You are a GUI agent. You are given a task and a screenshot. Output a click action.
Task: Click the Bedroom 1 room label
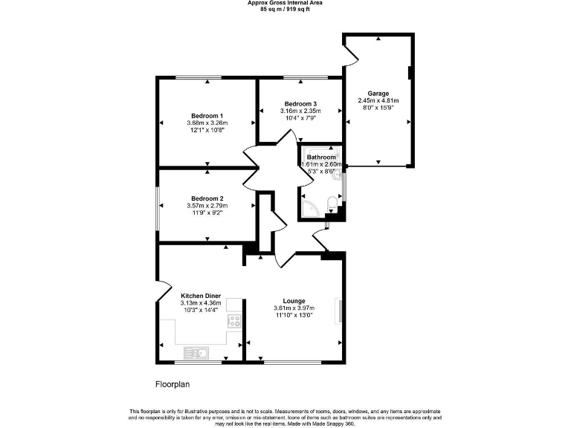pyautogui.click(x=207, y=116)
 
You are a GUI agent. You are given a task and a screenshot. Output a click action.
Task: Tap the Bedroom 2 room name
pyautogui.click(x=207, y=198)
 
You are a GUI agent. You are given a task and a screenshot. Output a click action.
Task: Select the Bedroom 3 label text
pyautogui.click(x=301, y=103)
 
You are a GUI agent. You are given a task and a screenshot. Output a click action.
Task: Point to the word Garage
pyautogui.click(x=378, y=94)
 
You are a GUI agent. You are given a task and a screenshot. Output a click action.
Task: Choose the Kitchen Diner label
pyautogui.click(x=201, y=296)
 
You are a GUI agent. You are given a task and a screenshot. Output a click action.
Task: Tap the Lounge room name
pyautogui.click(x=294, y=301)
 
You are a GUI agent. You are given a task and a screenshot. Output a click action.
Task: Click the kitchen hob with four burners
pyautogui.click(x=234, y=322)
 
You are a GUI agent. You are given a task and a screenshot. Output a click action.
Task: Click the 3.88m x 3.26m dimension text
pyautogui.click(x=207, y=123)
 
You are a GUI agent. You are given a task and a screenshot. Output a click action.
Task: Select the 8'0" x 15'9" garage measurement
pyautogui.click(x=378, y=108)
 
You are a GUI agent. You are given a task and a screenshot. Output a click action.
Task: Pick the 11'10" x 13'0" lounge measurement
pyautogui.click(x=294, y=315)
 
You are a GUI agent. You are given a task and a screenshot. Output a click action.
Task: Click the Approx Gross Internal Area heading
pyautogui.click(x=285, y=3)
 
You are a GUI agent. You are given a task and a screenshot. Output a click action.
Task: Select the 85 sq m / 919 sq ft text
pyautogui.click(x=285, y=10)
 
